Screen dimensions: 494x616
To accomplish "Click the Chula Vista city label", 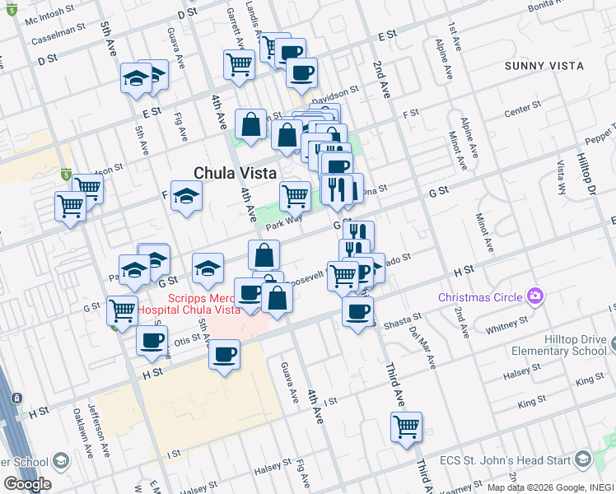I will pyautogui.click(x=234, y=173).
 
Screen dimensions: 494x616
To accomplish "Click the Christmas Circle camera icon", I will pyautogui.click(x=536, y=296).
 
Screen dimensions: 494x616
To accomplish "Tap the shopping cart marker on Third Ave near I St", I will pyautogui.click(x=406, y=426).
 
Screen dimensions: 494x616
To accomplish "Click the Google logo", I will pyautogui.click(x=27, y=483).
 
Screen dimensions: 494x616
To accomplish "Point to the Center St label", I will pyautogui.click(x=520, y=108).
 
